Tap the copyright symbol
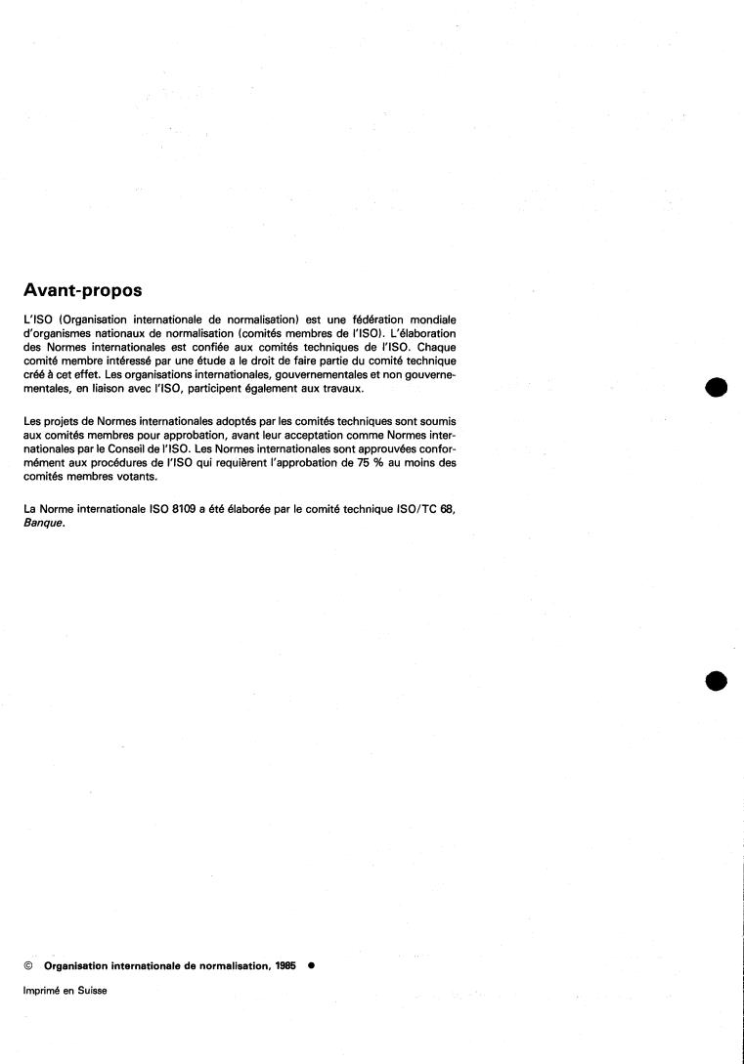tap(25, 963)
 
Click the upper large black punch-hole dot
tap(717, 387)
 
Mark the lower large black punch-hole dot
tap(717, 680)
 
